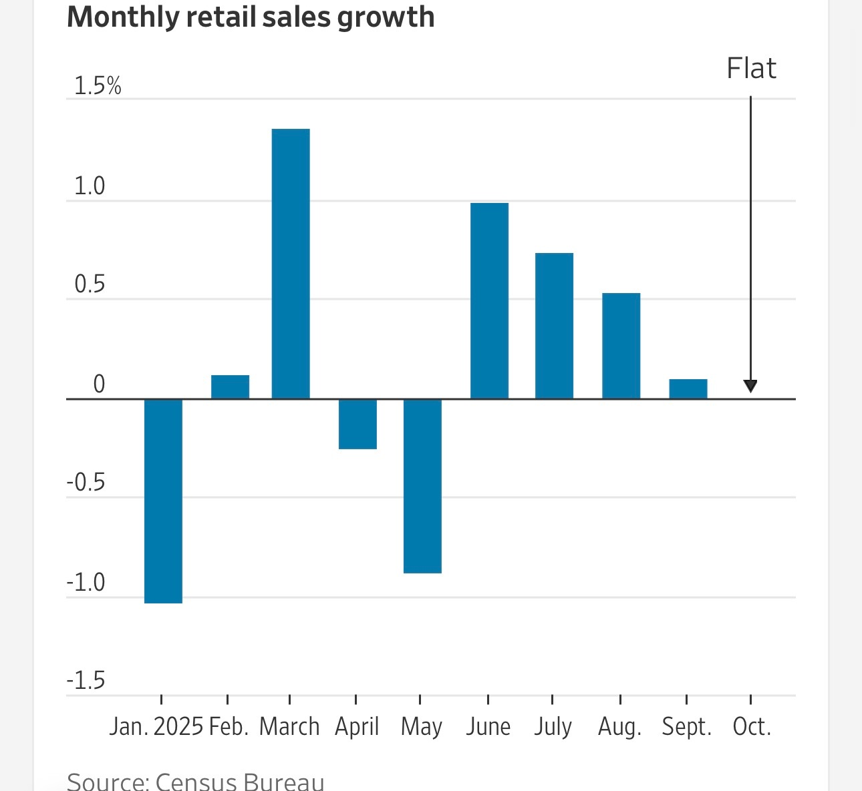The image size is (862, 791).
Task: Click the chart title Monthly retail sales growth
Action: pos(251,17)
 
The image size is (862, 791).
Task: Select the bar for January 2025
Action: pos(163,501)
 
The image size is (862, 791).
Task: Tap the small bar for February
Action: pos(230,387)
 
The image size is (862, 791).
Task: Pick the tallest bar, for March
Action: pos(291,264)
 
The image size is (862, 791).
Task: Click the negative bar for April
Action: pos(357,424)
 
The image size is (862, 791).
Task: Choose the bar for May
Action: pos(422,486)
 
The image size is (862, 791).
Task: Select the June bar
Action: pos(489,300)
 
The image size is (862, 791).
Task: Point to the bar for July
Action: pos(554,326)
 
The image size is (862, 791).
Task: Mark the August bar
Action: pos(621,346)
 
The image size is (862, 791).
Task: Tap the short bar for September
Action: pos(688,389)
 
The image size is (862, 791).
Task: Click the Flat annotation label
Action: pos(751,69)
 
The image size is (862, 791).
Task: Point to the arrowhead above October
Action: pos(750,386)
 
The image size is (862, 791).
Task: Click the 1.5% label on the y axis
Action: pos(98,86)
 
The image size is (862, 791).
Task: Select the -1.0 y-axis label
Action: pos(86,583)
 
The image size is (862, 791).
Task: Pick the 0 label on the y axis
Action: pos(99,384)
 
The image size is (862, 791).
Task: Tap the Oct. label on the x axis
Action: pos(752,726)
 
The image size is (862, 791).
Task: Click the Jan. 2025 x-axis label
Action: pos(156,726)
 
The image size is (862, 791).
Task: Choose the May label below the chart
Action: pos(421,726)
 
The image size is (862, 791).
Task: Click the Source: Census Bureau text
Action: pos(196,781)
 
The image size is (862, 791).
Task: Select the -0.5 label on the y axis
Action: pos(86,483)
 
